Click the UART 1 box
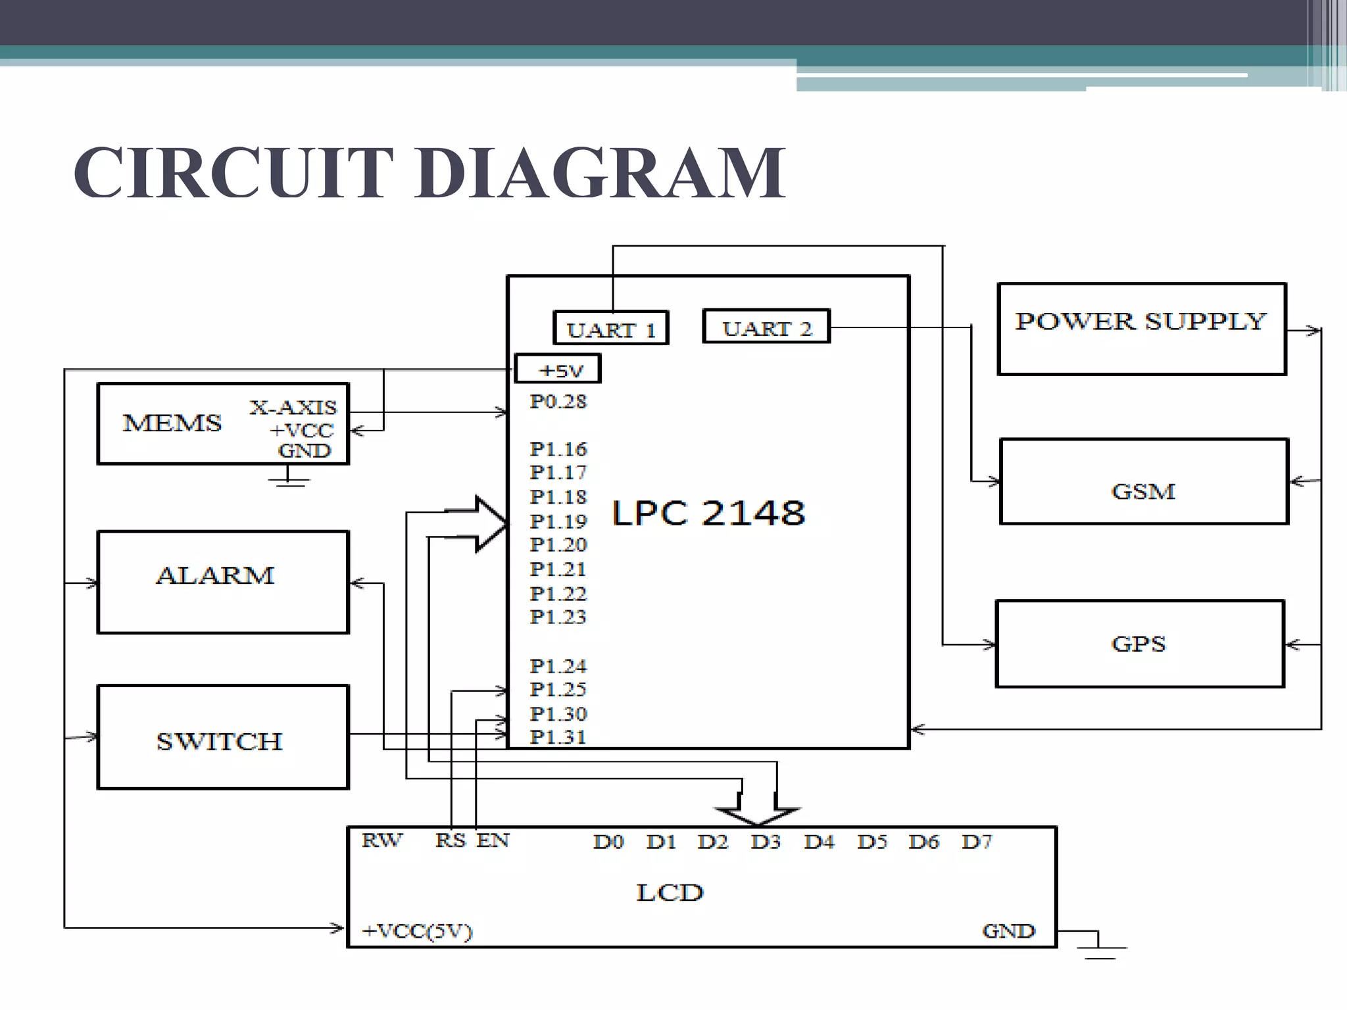[x=611, y=328]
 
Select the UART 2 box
[x=766, y=327]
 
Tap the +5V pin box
[x=558, y=370]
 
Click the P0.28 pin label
[x=558, y=402]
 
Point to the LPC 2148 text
[x=708, y=513]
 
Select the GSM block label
[x=1143, y=491]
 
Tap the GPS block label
[x=1139, y=644]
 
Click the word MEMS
[x=172, y=423]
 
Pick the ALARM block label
[x=215, y=576]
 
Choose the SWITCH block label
[x=219, y=742]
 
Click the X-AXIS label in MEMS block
[x=293, y=408]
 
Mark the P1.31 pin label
[x=558, y=737]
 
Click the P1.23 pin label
[x=558, y=617]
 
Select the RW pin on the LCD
[x=381, y=840]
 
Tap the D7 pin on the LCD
[x=976, y=842]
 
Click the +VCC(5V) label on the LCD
[x=417, y=931]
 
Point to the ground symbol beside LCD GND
[x=1100, y=948]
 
